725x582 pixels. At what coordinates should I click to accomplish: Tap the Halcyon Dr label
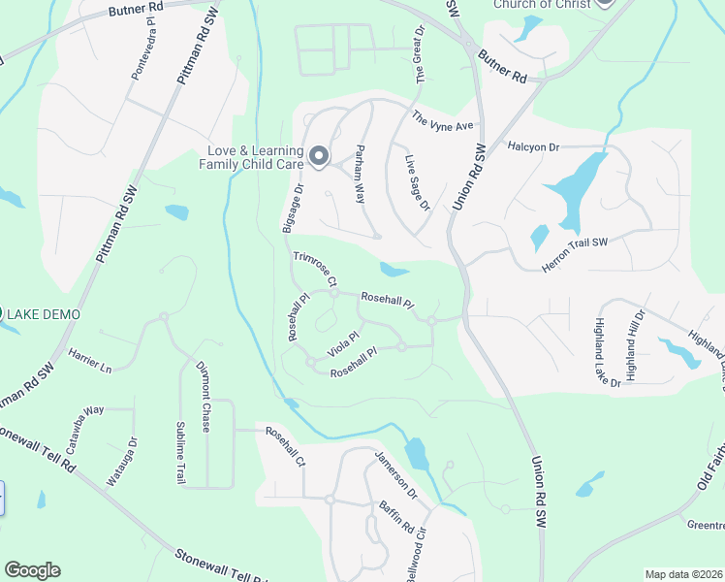534,146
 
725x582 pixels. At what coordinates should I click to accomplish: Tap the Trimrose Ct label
315,268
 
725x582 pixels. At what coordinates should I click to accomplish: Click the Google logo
32,570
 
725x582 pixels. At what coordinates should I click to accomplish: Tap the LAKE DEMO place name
44,314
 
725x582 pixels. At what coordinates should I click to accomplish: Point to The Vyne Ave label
443,122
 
